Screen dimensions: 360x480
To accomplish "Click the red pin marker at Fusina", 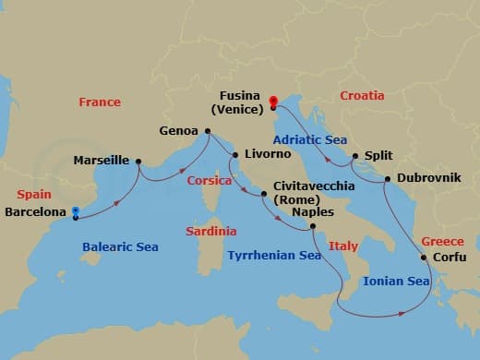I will click(273, 102).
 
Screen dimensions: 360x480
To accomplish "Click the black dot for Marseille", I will click(138, 162).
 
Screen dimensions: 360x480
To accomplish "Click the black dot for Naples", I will click(312, 226).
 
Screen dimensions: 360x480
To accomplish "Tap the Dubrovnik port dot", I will click(385, 178).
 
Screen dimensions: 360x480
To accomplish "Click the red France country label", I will click(100, 102).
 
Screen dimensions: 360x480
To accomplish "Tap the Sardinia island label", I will click(210, 231).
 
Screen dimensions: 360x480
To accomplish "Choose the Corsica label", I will click(209, 182).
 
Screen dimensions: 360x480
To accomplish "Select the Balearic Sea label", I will click(120, 247).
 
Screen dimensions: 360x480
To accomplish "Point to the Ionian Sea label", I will click(397, 281).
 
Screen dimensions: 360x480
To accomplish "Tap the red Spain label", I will click(33, 196).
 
